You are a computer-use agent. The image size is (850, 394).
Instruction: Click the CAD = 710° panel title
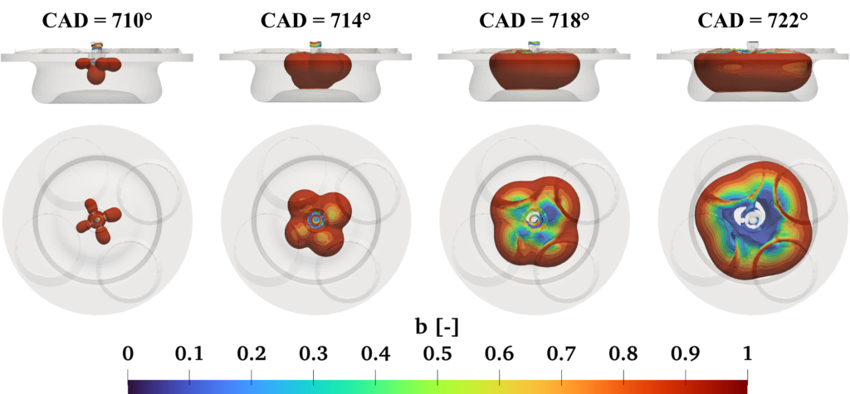97,21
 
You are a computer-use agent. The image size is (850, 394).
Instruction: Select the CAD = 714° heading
315,21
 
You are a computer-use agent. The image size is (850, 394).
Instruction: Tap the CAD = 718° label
534,21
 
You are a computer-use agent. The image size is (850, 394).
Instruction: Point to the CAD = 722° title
752,21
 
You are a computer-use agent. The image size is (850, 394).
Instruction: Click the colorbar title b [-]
437,328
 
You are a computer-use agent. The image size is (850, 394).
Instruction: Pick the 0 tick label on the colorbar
128,354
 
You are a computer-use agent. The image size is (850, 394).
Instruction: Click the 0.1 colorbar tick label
189,354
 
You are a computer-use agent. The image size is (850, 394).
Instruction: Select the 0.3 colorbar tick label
313,354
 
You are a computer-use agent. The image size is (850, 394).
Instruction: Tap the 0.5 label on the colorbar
437,354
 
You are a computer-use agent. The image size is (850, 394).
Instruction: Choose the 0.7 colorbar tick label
561,354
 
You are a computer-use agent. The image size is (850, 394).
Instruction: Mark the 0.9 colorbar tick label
685,354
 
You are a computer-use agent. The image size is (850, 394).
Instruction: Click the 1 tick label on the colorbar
747,354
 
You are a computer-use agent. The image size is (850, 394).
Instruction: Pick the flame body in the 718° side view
534,71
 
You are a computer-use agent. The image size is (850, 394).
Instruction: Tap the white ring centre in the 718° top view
535,218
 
